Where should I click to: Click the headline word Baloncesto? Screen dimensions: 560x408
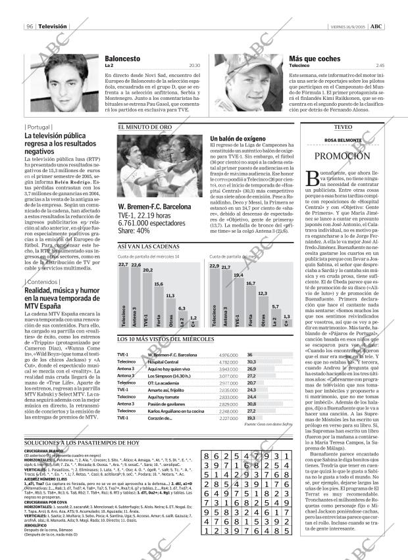(122, 58)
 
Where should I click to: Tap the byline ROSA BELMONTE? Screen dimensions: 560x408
(343, 141)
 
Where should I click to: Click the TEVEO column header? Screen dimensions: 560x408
(343, 127)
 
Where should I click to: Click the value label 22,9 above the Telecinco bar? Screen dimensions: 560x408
(214, 266)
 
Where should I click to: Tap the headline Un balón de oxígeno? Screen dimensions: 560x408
(240, 139)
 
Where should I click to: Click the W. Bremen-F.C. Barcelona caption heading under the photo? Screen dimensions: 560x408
(155, 208)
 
